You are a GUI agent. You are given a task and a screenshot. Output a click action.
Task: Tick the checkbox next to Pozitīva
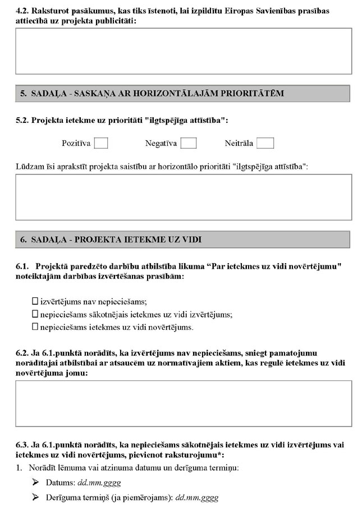coord(101,143)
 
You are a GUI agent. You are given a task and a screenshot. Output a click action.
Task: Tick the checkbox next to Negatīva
coord(189,143)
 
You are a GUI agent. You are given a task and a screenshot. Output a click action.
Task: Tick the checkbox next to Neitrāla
coord(265,143)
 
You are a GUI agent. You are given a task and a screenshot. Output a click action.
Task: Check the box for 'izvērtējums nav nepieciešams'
coord(35,301)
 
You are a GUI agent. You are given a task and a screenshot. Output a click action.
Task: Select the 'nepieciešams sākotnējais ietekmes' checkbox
coord(35,314)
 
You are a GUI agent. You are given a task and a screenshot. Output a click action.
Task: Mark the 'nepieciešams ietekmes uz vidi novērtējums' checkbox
coord(35,327)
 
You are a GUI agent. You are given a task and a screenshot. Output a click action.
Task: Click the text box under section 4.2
coord(184,51)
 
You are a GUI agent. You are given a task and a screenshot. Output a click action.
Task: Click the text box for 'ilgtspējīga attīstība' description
coord(184,197)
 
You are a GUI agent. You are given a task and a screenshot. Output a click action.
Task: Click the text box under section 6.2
coord(184,403)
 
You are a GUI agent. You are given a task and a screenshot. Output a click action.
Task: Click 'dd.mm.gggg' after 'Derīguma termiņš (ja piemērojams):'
coord(197,498)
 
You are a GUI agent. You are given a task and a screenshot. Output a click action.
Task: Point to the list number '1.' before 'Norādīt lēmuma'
coord(19,468)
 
